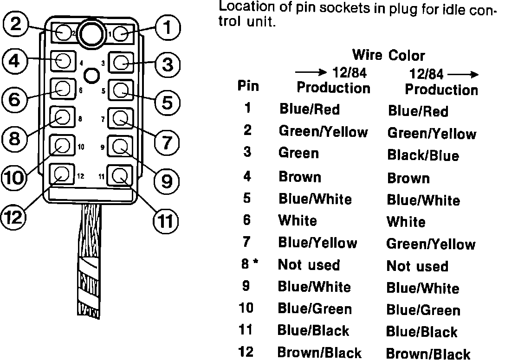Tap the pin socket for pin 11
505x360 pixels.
point(120,175)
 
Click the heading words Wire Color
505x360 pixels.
point(388,56)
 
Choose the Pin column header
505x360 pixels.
point(248,86)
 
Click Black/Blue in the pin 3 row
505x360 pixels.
point(423,155)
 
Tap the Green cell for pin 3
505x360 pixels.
point(298,153)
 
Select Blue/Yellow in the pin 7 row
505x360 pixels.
point(317,243)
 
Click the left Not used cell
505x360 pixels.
point(309,265)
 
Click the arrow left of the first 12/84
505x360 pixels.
point(311,73)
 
